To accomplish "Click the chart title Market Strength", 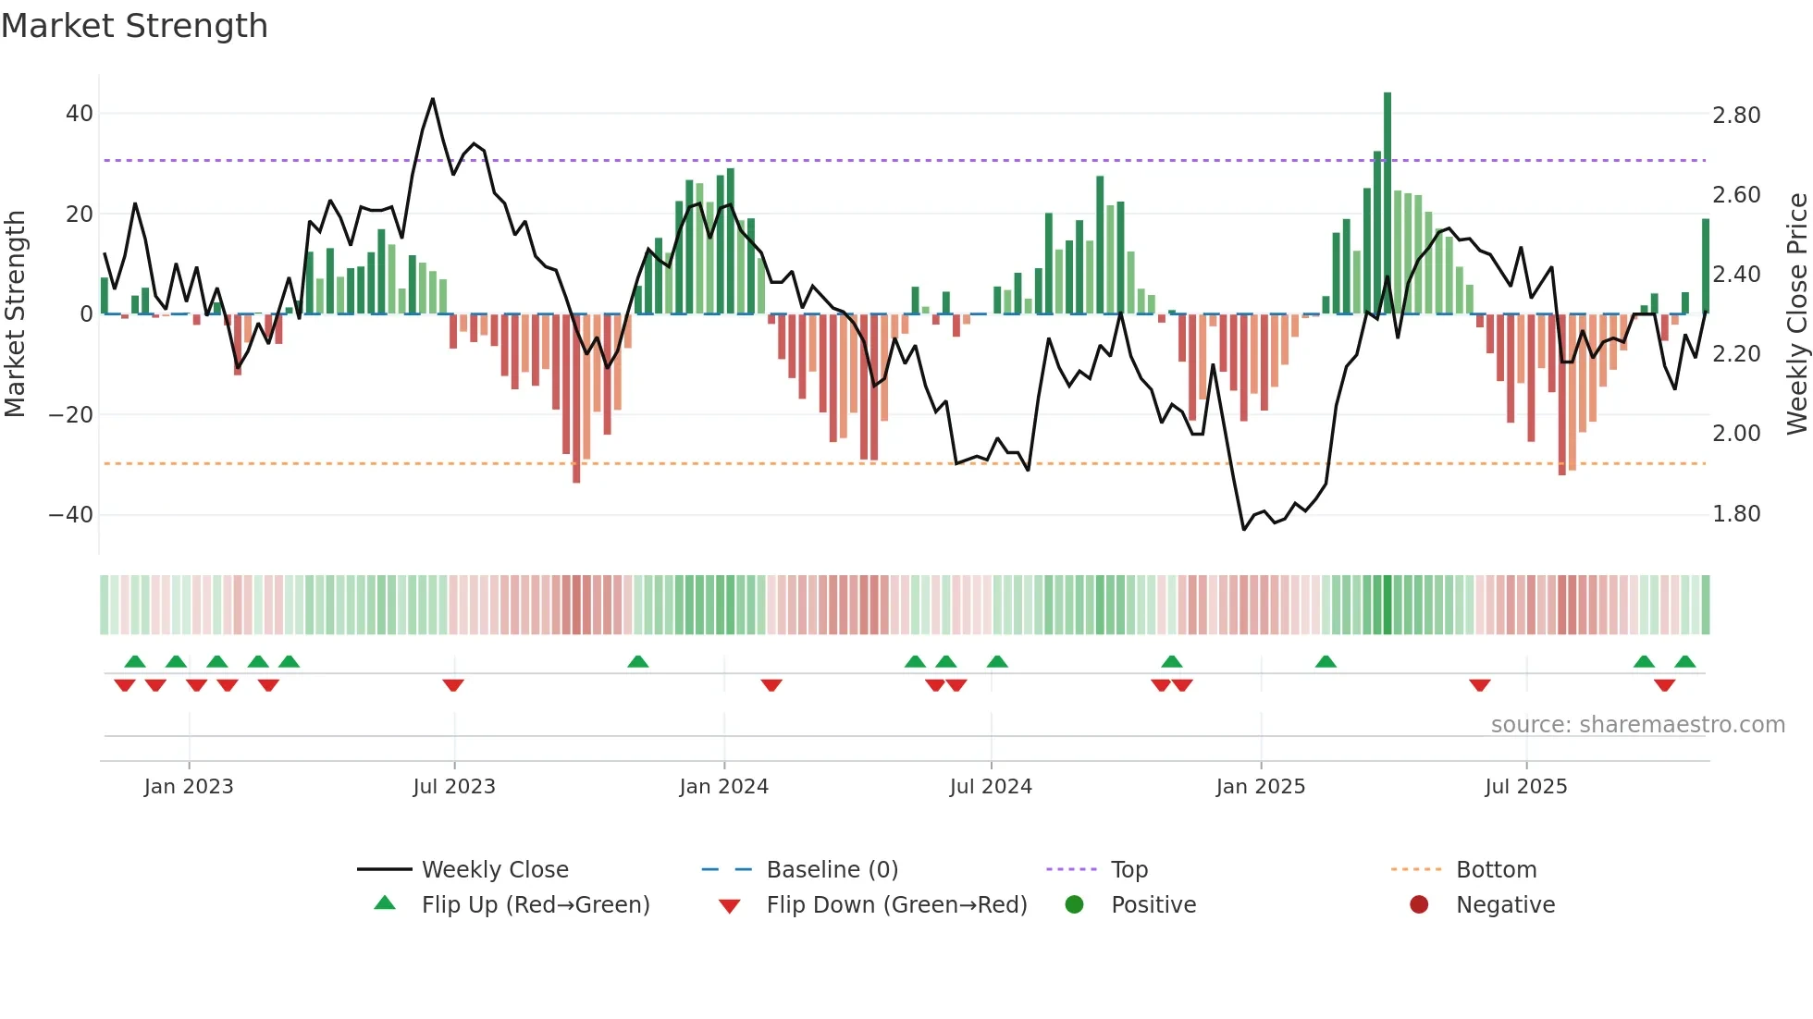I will [x=134, y=26].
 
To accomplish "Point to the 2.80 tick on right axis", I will [x=1735, y=116].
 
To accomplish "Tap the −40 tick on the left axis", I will [x=71, y=514].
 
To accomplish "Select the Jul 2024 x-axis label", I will [x=991, y=787].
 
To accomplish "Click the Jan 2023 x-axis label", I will [x=189, y=787].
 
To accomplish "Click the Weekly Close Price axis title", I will [x=1796, y=313].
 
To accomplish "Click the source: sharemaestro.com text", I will [x=1637, y=725].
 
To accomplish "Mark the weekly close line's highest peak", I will [x=433, y=99].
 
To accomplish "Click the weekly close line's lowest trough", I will [x=1243, y=529].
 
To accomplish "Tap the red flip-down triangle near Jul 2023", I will [x=453, y=685].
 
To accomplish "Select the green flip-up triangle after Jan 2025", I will [x=1326, y=661].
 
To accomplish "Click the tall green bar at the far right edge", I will [x=1706, y=266].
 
